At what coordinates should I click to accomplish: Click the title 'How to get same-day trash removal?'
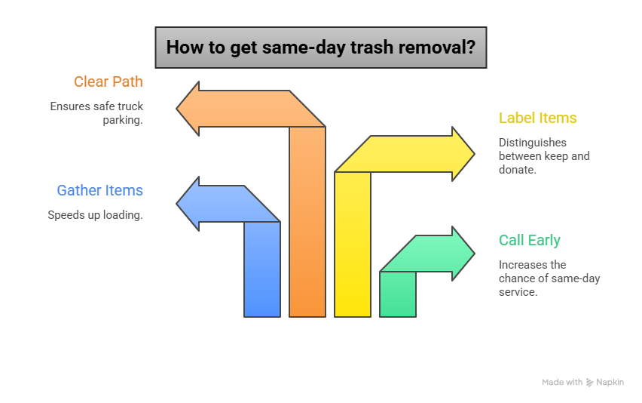pyautogui.click(x=320, y=48)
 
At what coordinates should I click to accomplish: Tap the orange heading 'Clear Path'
pyautogui.click(x=109, y=82)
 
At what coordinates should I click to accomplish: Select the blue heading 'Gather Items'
pyautogui.click(x=99, y=190)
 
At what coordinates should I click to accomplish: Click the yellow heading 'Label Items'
pyautogui.click(x=537, y=118)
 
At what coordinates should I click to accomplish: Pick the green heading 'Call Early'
pyautogui.click(x=529, y=240)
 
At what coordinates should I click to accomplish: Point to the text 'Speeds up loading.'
pyautogui.click(x=95, y=214)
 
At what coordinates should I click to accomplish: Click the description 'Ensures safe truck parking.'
pyautogui.click(x=96, y=112)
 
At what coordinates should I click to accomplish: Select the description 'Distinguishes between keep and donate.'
pyautogui.click(x=543, y=155)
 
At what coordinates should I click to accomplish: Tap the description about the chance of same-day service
pyautogui.click(x=549, y=278)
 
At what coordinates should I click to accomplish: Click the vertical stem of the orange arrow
pyautogui.click(x=307, y=226)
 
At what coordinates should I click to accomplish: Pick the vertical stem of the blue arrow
pyautogui.click(x=262, y=272)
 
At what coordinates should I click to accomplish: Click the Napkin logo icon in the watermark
pyautogui.click(x=589, y=383)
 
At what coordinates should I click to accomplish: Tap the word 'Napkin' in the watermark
pyautogui.click(x=610, y=383)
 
